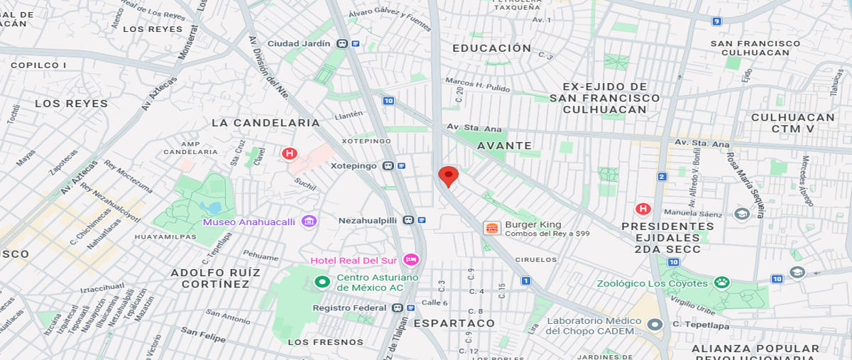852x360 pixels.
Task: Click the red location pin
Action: point(448,175)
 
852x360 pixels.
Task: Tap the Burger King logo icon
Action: point(491,228)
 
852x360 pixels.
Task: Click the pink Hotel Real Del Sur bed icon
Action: point(410,260)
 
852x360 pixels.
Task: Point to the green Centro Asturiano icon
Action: point(322,282)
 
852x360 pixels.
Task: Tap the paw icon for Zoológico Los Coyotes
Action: point(722,283)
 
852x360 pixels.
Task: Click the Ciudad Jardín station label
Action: point(298,43)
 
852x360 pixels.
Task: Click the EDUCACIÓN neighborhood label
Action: point(492,48)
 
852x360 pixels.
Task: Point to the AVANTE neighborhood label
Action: point(504,146)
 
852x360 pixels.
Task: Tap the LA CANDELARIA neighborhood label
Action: point(266,123)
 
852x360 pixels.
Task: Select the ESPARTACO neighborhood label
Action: point(454,323)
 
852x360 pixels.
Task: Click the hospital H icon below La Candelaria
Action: point(289,153)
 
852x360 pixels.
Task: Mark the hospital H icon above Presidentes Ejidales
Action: point(643,209)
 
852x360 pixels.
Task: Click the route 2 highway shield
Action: point(662,177)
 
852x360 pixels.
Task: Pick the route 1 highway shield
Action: point(526,281)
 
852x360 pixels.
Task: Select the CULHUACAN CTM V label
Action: point(792,123)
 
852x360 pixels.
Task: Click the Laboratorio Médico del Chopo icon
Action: point(655,324)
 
